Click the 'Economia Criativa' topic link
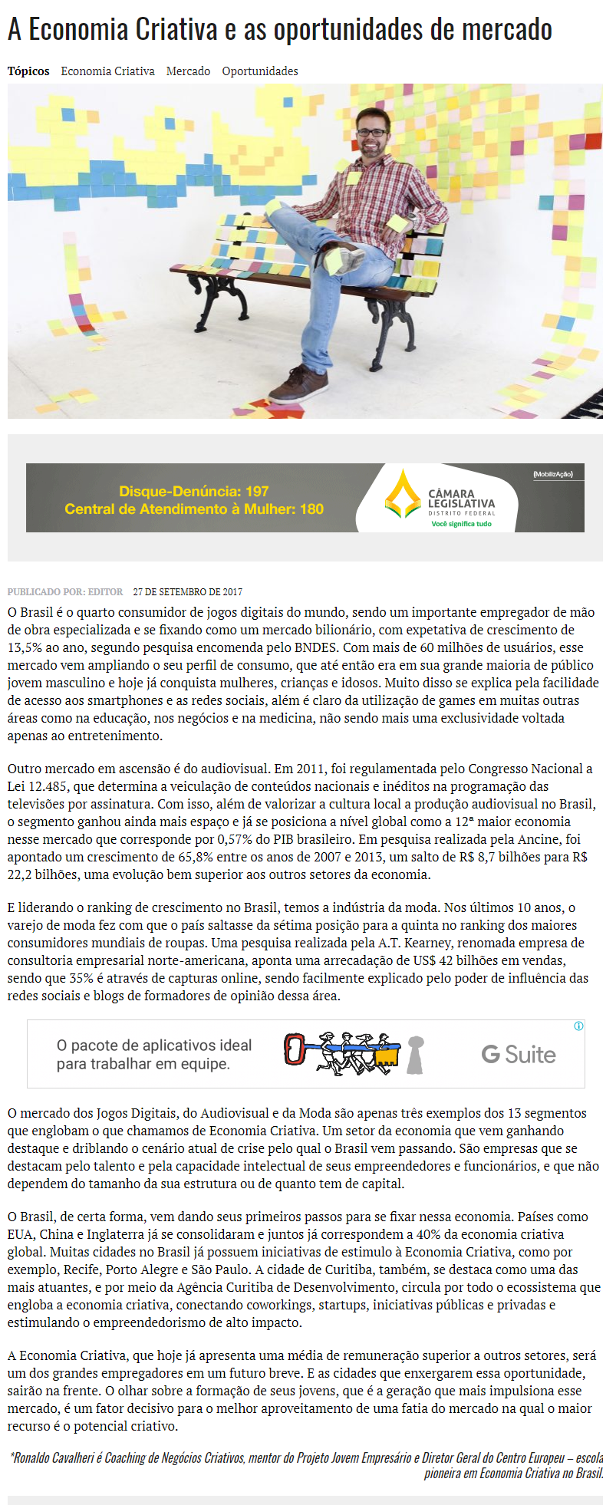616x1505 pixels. (107, 71)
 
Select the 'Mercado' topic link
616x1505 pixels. (188, 71)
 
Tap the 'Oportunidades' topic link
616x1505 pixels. (260, 71)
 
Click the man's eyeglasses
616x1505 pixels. (373, 133)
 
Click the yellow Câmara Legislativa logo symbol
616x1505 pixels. (403, 495)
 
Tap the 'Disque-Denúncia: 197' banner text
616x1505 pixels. (193, 492)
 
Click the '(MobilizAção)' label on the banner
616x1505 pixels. (553, 474)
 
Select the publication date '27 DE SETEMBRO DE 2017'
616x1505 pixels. (188, 592)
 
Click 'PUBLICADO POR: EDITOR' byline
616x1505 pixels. (65, 592)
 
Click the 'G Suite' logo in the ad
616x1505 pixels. (519, 1055)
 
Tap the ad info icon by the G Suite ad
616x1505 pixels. (578, 1026)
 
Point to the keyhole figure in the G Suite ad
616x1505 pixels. (415, 1055)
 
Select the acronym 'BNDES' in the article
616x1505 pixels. (314, 648)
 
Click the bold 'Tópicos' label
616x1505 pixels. (28, 71)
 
